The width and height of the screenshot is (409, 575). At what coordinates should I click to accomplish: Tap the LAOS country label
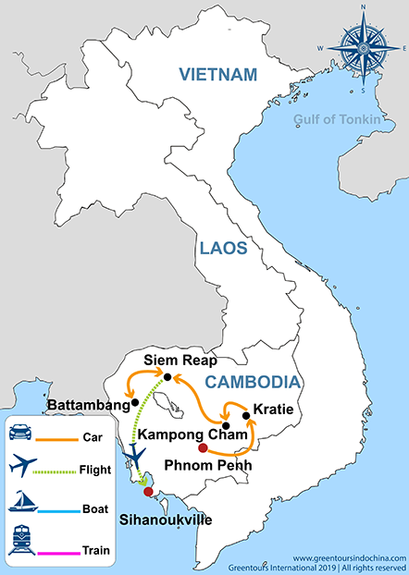coord(221,247)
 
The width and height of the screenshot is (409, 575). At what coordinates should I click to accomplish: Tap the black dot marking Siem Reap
coord(167,376)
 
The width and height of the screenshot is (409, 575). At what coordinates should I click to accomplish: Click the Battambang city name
coord(89,404)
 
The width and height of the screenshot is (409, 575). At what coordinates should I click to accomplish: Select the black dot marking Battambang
coord(135,402)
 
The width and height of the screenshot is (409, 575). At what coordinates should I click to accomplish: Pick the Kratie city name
coord(272,408)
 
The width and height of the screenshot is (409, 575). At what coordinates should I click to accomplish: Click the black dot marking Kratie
coord(245,416)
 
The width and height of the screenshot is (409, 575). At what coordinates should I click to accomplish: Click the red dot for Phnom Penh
coord(203,448)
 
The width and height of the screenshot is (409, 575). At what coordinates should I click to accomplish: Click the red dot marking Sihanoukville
coord(147,491)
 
